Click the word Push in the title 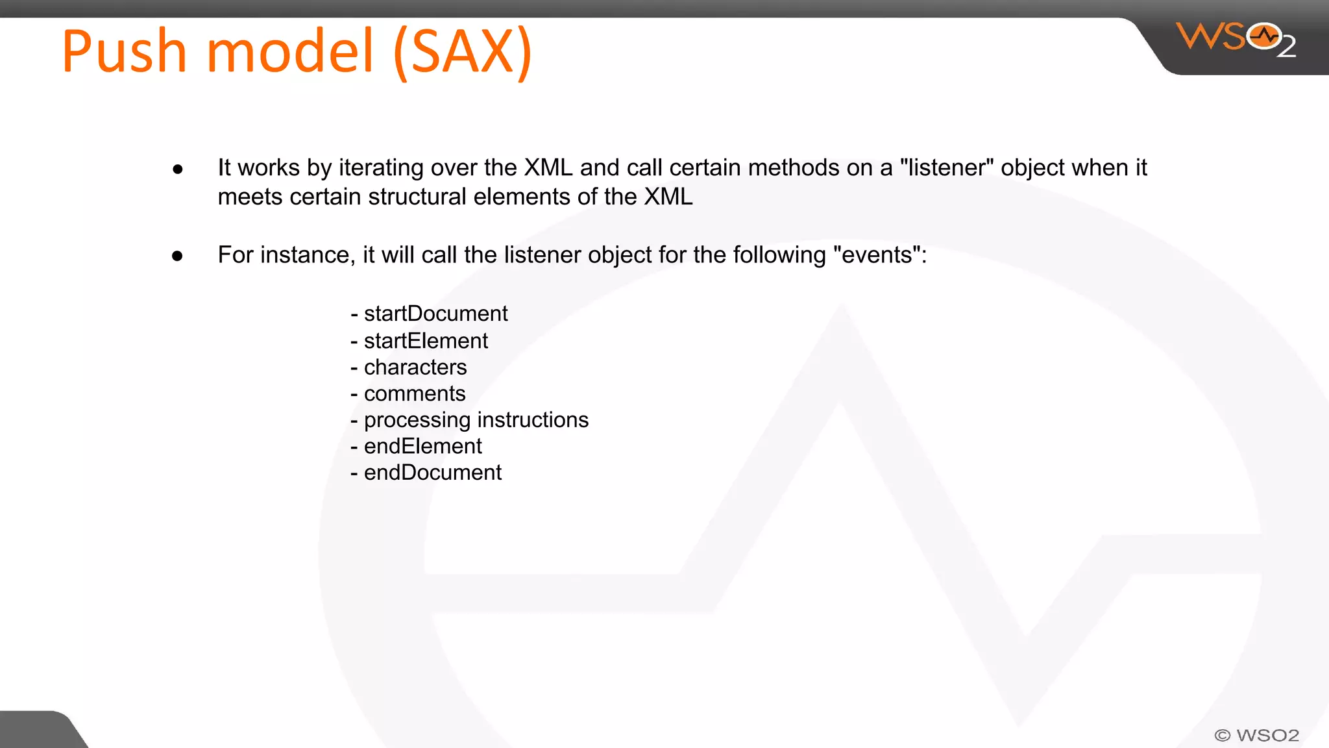click(124, 51)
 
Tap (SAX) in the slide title click(463, 53)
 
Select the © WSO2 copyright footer click(1256, 735)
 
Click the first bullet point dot click(178, 169)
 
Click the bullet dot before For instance click(178, 256)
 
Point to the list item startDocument click(435, 314)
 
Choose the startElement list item click(426, 341)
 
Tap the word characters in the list click(415, 368)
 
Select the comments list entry click(415, 393)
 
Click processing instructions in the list click(476, 420)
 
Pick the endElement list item click(422, 447)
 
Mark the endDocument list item click(432, 473)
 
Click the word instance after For click(308, 255)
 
